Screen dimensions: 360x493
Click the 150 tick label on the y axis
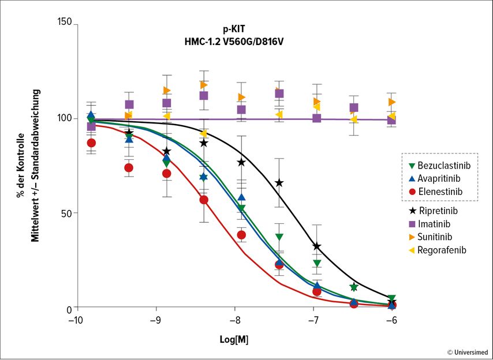65,22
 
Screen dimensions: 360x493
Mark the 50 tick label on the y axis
67,213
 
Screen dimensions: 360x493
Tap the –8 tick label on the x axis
234,320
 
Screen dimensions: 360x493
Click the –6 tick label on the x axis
391,320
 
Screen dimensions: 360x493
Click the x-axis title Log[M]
234,339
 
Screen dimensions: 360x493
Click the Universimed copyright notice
467,352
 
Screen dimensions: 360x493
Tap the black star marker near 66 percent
279,183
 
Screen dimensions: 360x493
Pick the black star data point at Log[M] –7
316,246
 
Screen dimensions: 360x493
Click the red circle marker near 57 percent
204,200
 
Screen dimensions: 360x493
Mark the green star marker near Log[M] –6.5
354,287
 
